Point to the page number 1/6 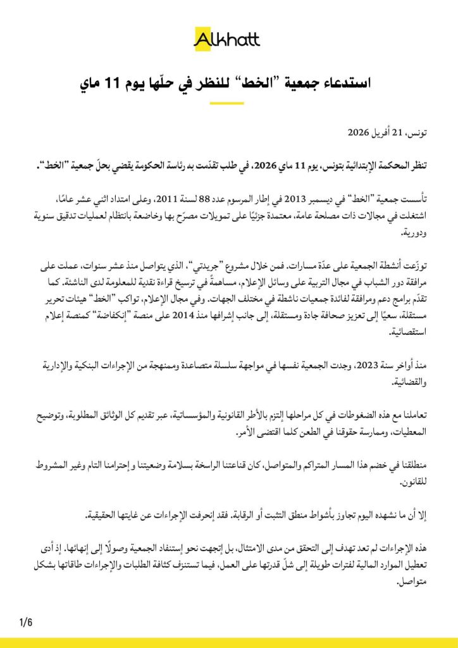point(26,622)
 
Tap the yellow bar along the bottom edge point(229,643)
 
